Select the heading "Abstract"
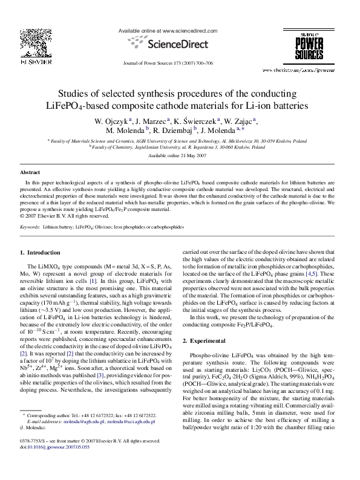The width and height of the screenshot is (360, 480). (30, 172)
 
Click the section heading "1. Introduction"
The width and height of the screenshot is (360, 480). (40, 252)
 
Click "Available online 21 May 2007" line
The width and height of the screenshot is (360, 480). (180, 156)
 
